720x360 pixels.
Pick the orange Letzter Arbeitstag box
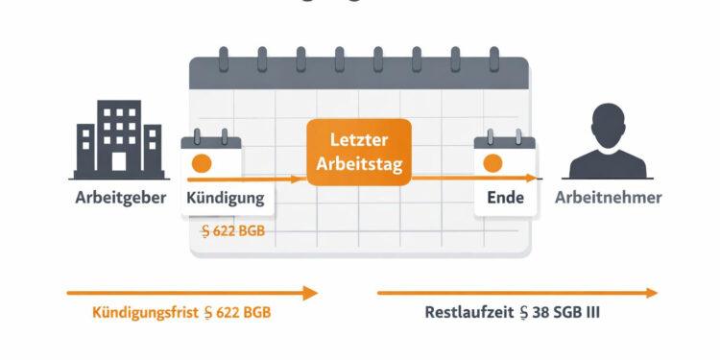[359, 153]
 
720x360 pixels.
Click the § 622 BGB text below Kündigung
[233, 230]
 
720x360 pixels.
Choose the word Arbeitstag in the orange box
[359, 164]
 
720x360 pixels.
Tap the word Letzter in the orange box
[359, 140]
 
